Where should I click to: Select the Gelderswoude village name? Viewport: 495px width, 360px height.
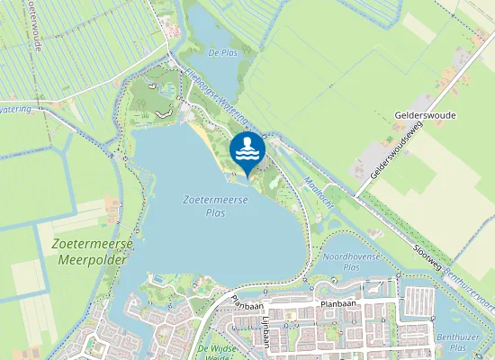pyautogui.click(x=425, y=116)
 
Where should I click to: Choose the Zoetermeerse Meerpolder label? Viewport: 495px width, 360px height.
pyautogui.click(x=94, y=251)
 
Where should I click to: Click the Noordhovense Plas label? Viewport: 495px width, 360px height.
pyautogui.click(x=341, y=262)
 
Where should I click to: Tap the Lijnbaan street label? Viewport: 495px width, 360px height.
pyautogui.click(x=267, y=331)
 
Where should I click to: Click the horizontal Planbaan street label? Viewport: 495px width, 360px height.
pyautogui.click(x=339, y=305)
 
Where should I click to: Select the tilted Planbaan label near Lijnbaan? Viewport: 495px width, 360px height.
pyautogui.click(x=246, y=302)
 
